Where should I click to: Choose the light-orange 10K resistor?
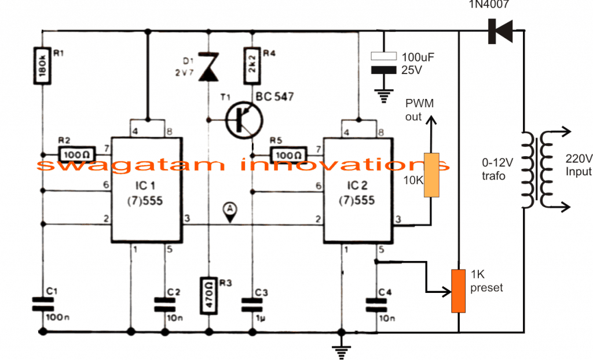pyautogui.click(x=431, y=175)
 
